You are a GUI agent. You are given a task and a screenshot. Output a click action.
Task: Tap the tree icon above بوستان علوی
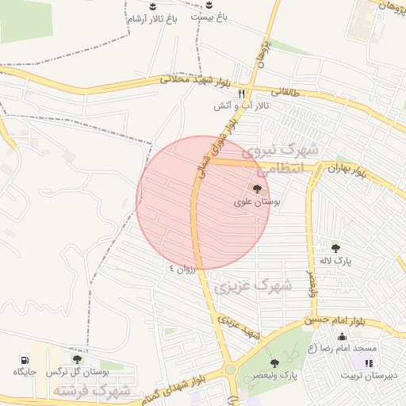[255, 189]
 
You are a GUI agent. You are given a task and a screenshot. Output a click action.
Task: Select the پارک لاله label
[336, 259]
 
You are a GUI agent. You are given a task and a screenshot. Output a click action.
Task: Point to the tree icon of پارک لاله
[335, 247]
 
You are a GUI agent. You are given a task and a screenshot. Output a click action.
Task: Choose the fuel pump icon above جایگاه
[21, 359]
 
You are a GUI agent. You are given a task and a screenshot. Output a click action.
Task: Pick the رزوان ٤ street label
[182, 269]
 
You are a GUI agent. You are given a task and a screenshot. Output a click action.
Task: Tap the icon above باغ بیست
[209, 5]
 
